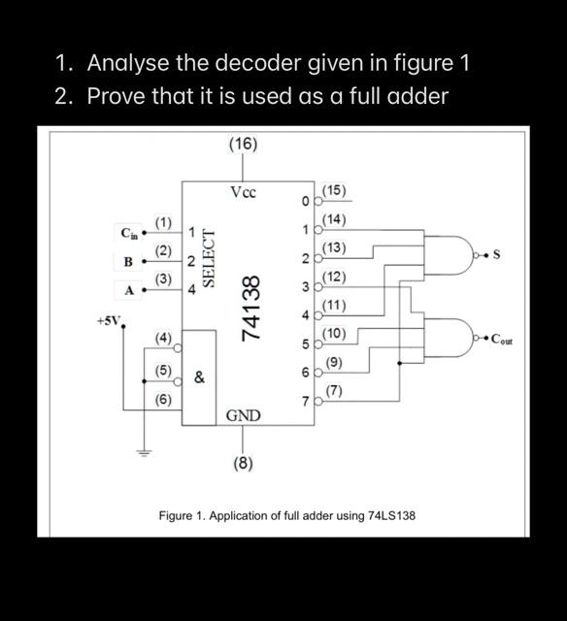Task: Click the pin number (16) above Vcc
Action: point(243,144)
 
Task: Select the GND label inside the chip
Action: point(243,415)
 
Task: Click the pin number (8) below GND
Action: point(243,463)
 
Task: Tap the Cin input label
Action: point(129,233)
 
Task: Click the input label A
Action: point(127,289)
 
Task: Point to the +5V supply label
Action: point(109,319)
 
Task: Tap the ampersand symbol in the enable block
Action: point(198,378)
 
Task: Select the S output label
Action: point(496,255)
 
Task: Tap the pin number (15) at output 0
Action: point(334,189)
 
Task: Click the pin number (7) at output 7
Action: point(334,390)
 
